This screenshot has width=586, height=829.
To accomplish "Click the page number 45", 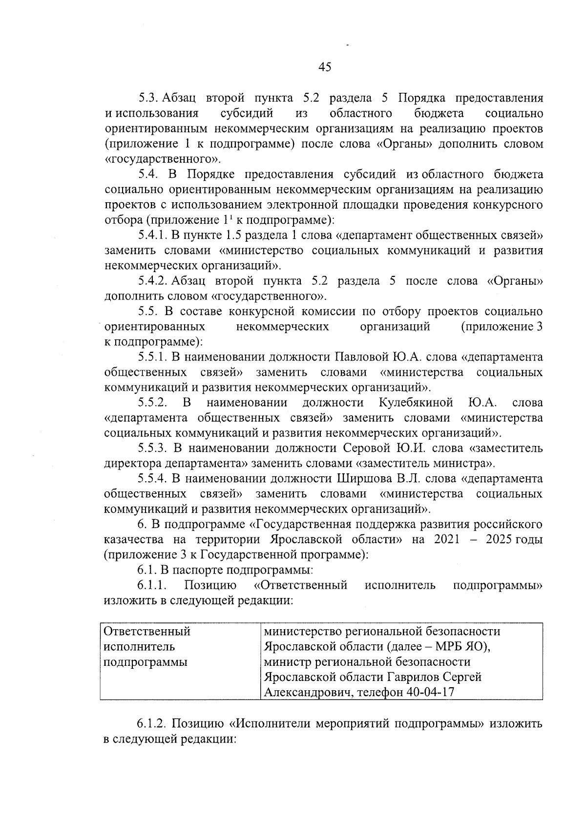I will (x=325, y=67).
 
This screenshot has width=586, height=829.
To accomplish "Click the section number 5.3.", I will (x=147, y=99).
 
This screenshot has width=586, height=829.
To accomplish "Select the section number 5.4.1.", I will (x=152, y=235).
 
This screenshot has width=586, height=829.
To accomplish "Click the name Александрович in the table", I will (x=306, y=692).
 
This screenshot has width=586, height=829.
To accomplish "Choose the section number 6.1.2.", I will (x=152, y=723).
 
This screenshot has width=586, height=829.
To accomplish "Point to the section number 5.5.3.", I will (x=152, y=448).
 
